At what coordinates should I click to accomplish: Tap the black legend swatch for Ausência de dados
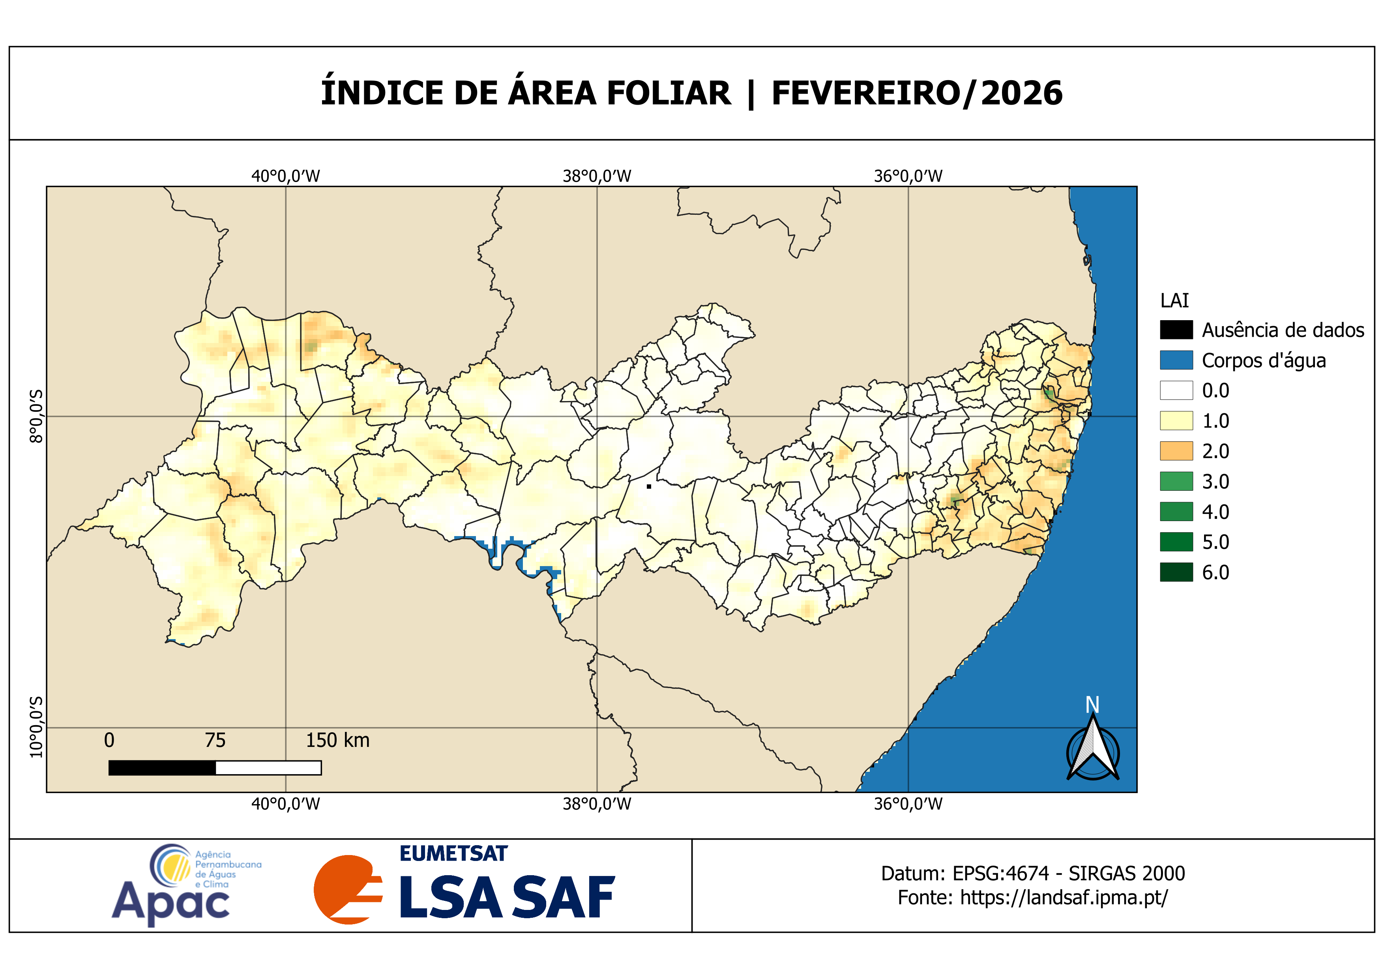tap(1176, 330)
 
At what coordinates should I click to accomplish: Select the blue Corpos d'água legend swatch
tap(1176, 360)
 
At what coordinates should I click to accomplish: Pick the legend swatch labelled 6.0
tap(1176, 572)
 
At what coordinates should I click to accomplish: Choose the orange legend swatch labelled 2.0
tap(1176, 451)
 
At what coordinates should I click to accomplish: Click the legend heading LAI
tap(1174, 300)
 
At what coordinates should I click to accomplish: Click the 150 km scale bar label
tap(337, 740)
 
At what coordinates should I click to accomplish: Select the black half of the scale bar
tap(161, 767)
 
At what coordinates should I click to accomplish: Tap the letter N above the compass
tap(1092, 705)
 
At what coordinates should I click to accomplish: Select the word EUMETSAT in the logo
tap(453, 853)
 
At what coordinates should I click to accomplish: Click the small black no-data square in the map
tap(649, 486)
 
